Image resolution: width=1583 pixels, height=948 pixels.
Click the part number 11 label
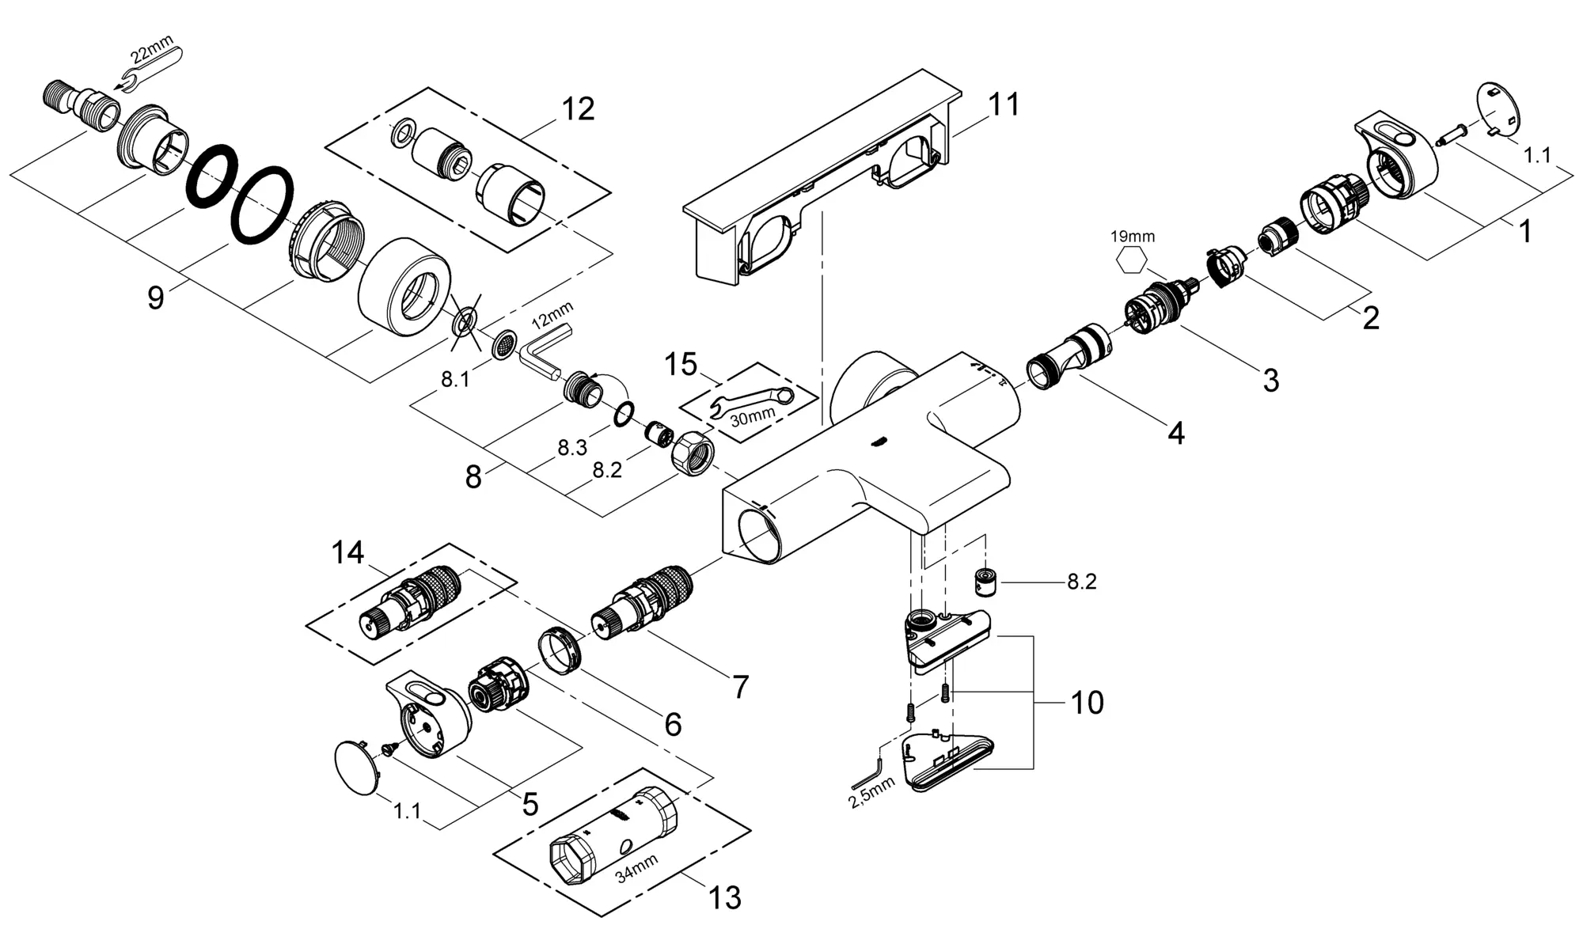[x=1004, y=104]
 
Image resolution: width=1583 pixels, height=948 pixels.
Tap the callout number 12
[x=578, y=109]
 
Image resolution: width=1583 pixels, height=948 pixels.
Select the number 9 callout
[x=156, y=298]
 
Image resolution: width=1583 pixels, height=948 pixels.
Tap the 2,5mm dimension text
[x=871, y=792]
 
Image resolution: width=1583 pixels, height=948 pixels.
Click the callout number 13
[x=724, y=897]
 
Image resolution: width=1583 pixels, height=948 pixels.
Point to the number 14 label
[x=347, y=552]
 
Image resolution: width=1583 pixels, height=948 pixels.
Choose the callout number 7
[x=740, y=687]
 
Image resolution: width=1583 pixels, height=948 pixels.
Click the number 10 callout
[x=1087, y=702]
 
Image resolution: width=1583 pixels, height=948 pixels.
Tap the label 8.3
[x=571, y=448]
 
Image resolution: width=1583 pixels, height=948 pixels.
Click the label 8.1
[x=455, y=380]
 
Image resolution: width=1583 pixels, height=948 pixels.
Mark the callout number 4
[x=1176, y=433]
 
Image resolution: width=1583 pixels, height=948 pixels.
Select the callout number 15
[x=681, y=365]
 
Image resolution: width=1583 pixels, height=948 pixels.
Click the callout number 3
[x=1270, y=381]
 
